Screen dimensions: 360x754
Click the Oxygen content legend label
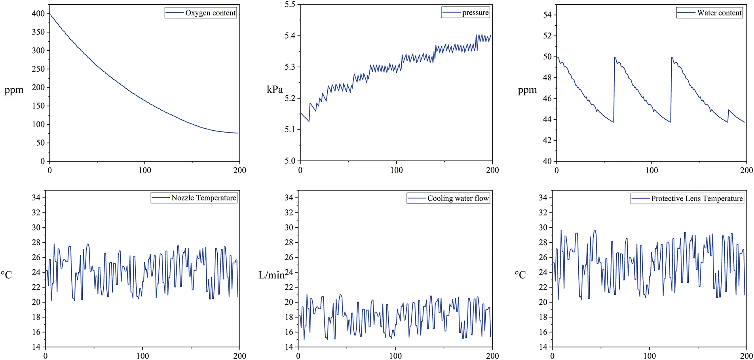(x=210, y=13)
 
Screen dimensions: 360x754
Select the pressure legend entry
(x=475, y=13)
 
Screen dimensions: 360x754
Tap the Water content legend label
(x=719, y=13)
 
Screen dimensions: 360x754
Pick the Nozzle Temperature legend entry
(x=203, y=198)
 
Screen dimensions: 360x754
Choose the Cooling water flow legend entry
(x=458, y=198)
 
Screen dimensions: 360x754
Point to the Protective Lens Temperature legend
(x=697, y=198)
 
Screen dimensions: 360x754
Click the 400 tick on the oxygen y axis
(x=38, y=14)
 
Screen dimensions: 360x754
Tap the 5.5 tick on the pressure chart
(x=290, y=5)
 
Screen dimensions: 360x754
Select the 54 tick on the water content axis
(x=547, y=15)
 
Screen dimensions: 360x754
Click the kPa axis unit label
(x=275, y=90)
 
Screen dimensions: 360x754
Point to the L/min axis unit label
(x=272, y=275)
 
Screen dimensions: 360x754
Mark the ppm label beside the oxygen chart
(x=14, y=90)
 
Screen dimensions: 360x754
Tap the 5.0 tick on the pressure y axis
(x=290, y=161)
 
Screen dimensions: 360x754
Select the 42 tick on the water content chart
(x=547, y=141)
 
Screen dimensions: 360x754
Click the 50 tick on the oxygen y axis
(x=40, y=143)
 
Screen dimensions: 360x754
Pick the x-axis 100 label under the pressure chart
(x=397, y=170)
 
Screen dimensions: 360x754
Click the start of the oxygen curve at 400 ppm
(x=50, y=14)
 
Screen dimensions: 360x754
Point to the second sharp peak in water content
(x=672, y=58)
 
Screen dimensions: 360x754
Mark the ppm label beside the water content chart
(x=527, y=90)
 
